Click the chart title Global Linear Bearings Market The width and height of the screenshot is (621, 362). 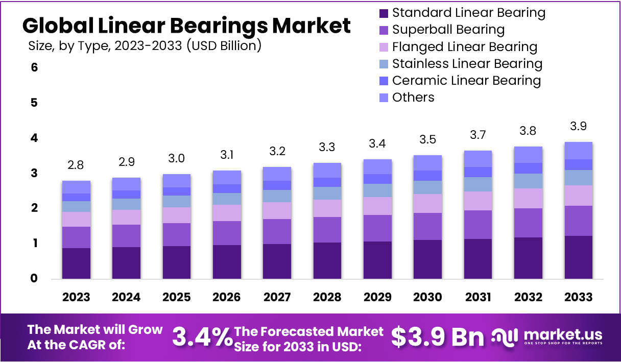(x=186, y=25)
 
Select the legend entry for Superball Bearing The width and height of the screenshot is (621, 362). (x=448, y=30)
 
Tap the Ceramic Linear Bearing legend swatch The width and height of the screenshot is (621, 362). (x=384, y=81)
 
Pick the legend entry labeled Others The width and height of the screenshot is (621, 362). (x=413, y=98)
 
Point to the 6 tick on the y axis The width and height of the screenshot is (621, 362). (x=34, y=67)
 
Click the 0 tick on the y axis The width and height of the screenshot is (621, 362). (x=34, y=279)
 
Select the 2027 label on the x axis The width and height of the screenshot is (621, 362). (x=277, y=297)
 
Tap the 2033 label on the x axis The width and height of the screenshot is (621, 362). (x=579, y=297)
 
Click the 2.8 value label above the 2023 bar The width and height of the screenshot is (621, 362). (x=76, y=165)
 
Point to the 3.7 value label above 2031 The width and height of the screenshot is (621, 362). (x=478, y=135)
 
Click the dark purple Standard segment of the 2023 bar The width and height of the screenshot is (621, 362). (x=76, y=263)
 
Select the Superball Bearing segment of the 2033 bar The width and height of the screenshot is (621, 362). (x=578, y=221)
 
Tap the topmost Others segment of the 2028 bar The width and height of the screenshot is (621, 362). (x=327, y=170)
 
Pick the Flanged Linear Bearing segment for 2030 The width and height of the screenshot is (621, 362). (x=427, y=203)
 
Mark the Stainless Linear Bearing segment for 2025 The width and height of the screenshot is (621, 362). (x=176, y=201)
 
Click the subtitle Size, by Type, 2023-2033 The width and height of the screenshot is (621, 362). (x=145, y=46)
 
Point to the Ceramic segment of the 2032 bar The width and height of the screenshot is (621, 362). (x=528, y=168)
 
